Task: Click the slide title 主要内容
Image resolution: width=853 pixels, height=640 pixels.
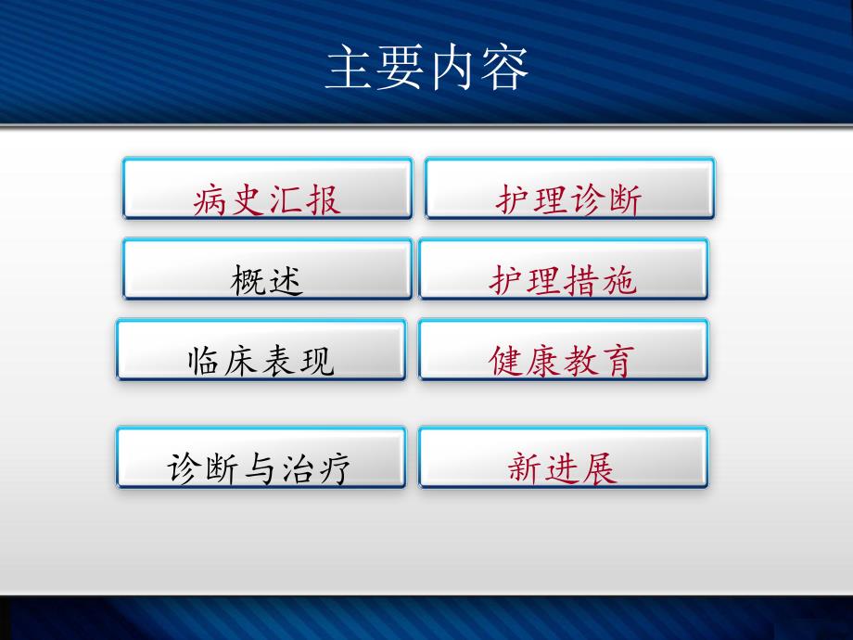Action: [x=426, y=70]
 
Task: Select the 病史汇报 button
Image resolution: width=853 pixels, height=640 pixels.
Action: [x=267, y=188]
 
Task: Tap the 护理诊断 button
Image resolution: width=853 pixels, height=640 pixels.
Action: [x=569, y=188]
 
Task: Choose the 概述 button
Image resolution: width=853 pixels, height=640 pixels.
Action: [x=267, y=269]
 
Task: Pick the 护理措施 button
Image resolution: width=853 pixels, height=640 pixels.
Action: [x=563, y=269]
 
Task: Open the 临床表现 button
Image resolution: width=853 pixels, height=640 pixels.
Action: [x=261, y=350]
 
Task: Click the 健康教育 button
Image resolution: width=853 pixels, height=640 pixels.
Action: [x=563, y=350]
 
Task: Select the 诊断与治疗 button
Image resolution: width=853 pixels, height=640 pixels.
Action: [x=261, y=457]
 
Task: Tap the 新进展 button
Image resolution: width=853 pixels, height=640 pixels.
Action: [x=563, y=457]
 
